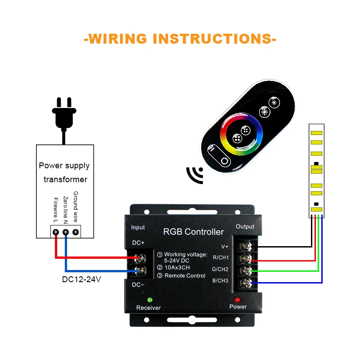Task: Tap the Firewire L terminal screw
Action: (x=56, y=232)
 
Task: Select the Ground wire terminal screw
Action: (x=76, y=232)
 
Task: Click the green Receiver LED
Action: (x=149, y=300)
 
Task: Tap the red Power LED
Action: (x=238, y=300)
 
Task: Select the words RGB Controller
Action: (x=193, y=232)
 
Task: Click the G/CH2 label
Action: (x=220, y=270)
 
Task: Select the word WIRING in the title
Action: (x=117, y=38)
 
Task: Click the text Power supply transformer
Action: (x=64, y=172)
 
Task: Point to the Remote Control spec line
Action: (x=184, y=275)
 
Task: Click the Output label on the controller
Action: (x=245, y=226)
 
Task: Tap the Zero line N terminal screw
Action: (x=66, y=232)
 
